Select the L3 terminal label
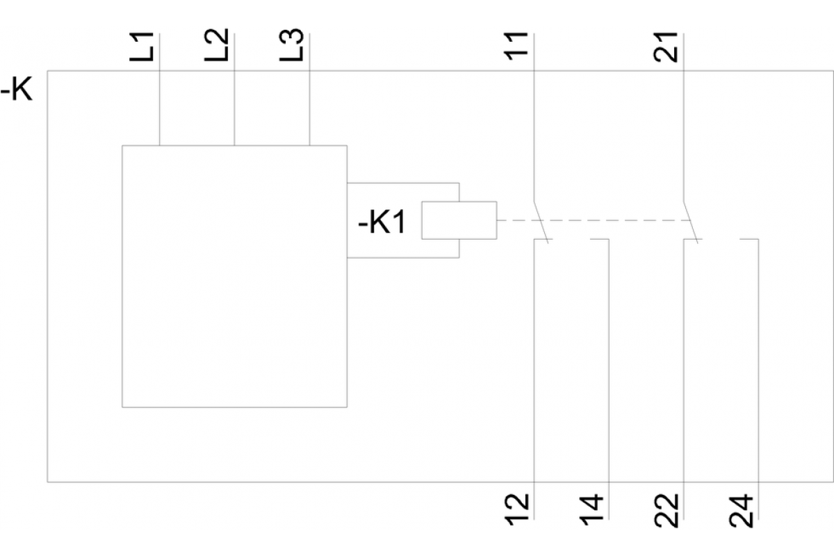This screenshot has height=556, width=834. coord(294,46)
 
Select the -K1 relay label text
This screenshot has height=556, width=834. coord(381,224)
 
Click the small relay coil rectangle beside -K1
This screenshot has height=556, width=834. coord(459,220)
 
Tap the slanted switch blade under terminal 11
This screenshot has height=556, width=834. coord(541,222)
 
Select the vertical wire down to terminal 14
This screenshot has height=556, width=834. coord(609,361)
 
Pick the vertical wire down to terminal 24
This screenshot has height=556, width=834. coord(758,361)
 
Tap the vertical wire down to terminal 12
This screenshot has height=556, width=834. coord(534,361)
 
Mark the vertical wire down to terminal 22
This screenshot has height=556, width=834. coord(684,361)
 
